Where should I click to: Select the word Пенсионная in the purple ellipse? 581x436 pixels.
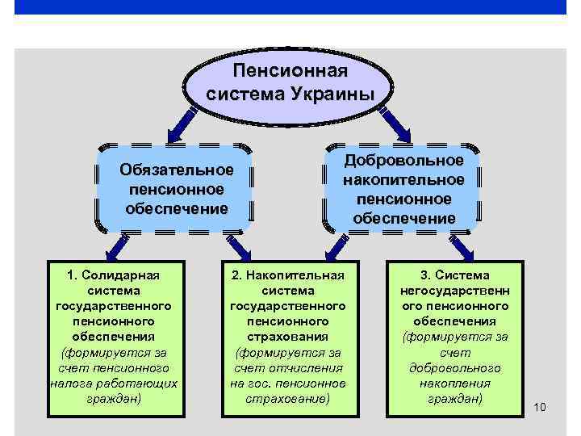point(290,73)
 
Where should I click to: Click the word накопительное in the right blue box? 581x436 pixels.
point(403,179)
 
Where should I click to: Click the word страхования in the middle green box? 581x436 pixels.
point(288,337)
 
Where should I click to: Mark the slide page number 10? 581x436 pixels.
point(540,406)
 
